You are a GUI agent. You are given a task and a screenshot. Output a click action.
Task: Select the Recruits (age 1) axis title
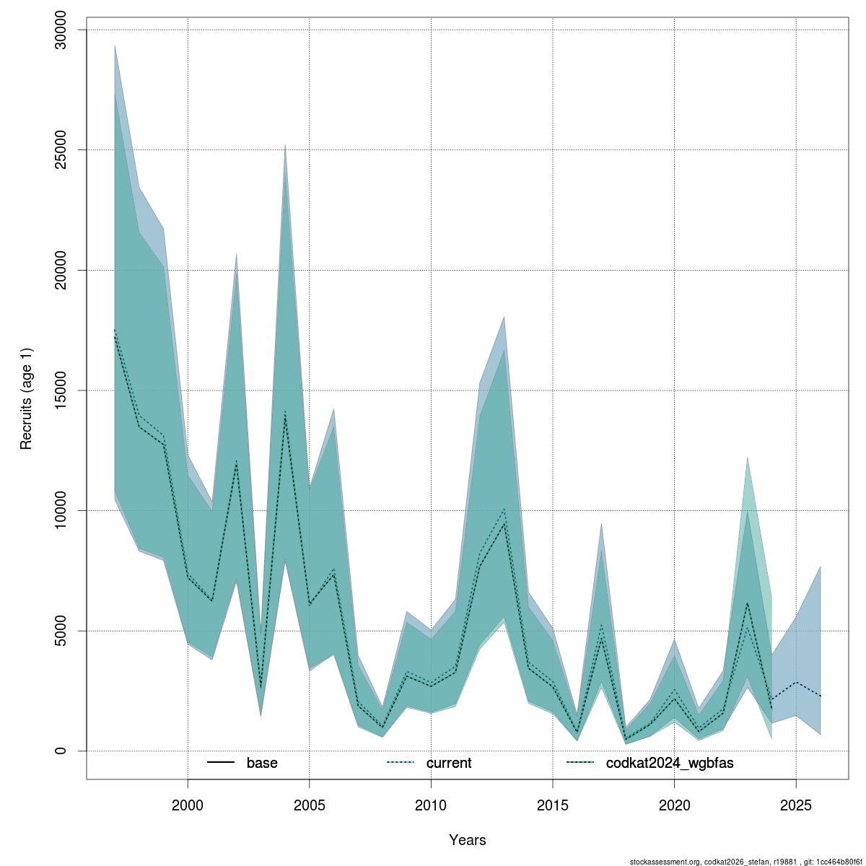point(26,398)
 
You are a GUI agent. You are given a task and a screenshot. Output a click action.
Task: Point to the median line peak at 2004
point(285,416)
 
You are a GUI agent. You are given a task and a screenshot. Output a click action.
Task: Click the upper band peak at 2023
point(747,457)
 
